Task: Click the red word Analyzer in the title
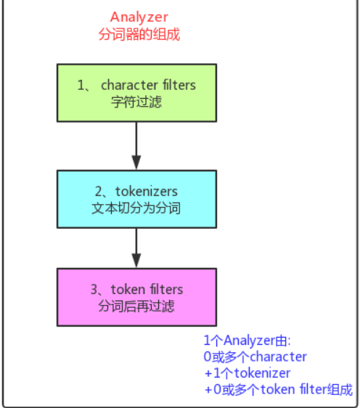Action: point(139,17)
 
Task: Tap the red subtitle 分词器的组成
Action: point(139,34)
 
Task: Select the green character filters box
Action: point(137,93)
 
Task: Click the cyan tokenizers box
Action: point(137,200)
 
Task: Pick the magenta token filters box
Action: point(137,297)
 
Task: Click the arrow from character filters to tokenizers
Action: point(136,146)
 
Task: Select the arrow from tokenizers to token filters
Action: point(136,248)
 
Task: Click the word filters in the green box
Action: point(179,85)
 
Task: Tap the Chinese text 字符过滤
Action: point(136,102)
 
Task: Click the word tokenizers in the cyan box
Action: point(147,192)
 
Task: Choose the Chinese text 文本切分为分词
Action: point(136,208)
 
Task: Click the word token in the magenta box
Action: point(128,290)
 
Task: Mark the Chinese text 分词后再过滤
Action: point(136,306)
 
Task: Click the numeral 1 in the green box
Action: point(81,86)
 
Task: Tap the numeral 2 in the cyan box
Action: point(99,192)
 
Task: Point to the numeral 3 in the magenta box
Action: point(94,290)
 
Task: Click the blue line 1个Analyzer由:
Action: point(247,340)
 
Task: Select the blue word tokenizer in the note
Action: point(262,373)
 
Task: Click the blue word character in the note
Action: point(278,357)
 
